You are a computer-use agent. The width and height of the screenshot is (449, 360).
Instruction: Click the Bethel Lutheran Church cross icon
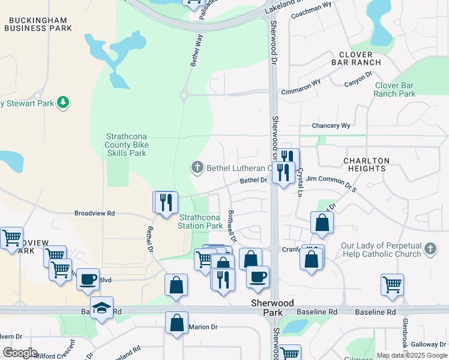click(196, 167)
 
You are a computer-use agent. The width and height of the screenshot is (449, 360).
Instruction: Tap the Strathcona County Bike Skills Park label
click(126, 145)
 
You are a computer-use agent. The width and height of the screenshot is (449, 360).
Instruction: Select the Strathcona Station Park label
click(200, 221)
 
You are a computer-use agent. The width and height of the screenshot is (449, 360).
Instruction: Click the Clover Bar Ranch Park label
click(394, 89)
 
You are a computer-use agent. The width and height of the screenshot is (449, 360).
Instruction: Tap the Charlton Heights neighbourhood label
click(366, 165)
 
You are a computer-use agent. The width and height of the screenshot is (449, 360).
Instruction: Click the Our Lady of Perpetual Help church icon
click(429, 248)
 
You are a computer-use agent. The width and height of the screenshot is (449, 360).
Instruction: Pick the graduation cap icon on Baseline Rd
click(102, 308)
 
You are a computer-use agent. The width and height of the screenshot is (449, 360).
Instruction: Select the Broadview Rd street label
click(94, 213)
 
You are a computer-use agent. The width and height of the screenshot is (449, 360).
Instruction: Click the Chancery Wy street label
click(331, 126)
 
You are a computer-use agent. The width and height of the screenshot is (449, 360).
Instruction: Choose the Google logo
click(20, 353)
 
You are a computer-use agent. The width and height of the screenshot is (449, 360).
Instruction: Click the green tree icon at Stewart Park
click(63, 103)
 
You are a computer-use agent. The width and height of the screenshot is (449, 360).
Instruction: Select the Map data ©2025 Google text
click(412, 355)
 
